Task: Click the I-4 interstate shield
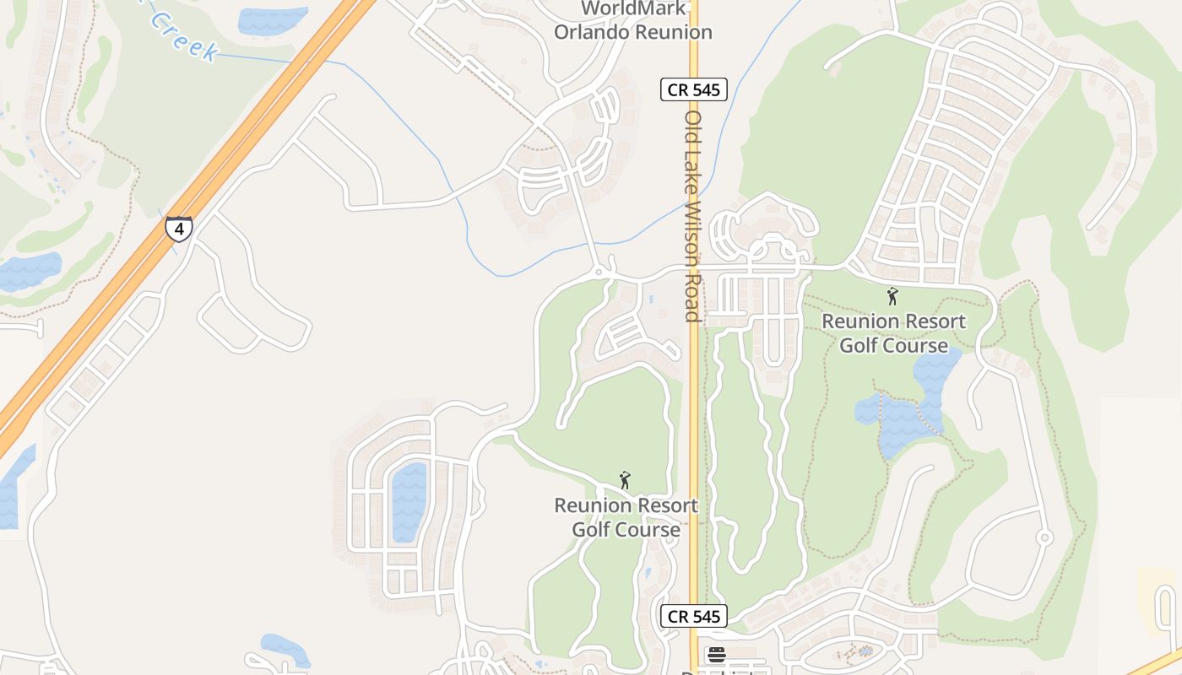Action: point(179,229)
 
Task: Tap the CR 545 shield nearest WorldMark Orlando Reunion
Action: point(694,89)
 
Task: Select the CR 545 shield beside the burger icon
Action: point(694,616)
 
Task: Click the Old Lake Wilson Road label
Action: point(693,216)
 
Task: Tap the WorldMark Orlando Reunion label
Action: point(632,21)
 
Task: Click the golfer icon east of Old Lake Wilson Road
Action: point(892,296)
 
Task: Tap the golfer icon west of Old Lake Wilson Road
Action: point(625,480)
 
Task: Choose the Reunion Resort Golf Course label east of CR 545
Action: point(893,333)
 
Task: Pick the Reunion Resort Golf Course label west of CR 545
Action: point(626,517)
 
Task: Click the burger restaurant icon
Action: point(716,655)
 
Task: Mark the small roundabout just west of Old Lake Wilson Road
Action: point(599,272)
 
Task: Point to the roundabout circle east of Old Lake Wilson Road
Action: point(1044,537)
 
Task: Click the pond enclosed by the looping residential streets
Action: point(409,502)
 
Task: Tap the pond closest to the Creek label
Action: point(272,19)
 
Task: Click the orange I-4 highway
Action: point(253,127)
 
